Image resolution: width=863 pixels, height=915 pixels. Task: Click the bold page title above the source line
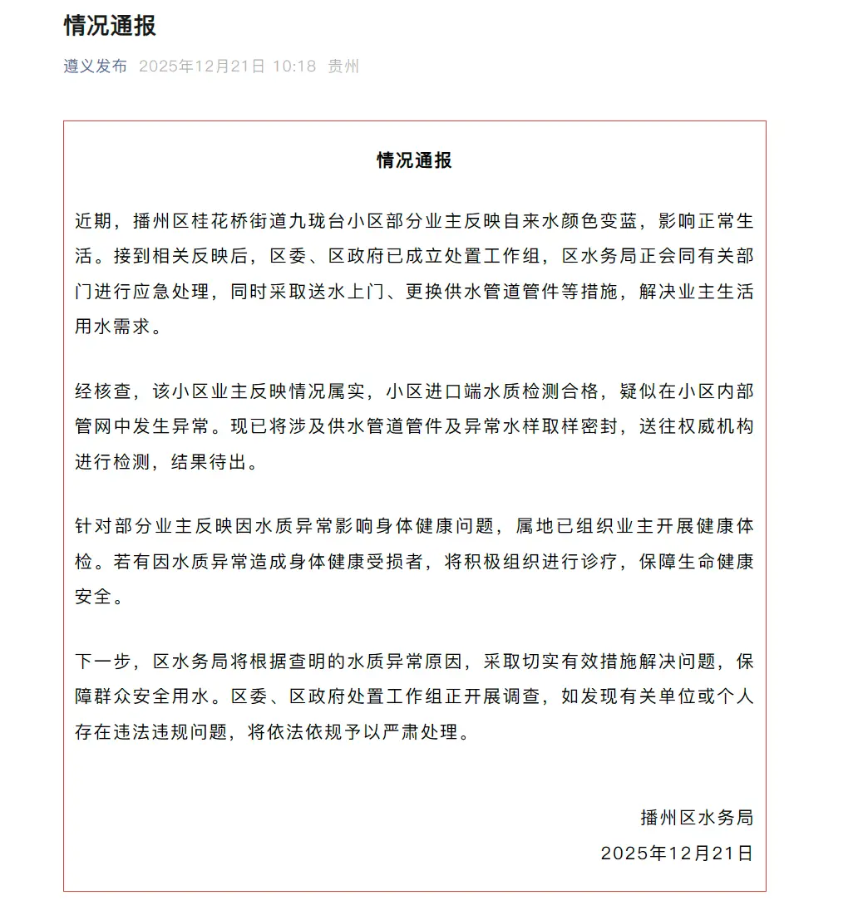(x=110, y=26)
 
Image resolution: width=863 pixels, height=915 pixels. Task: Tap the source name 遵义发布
(x=96, y=66)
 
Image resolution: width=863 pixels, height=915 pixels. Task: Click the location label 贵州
(x=343, y=66)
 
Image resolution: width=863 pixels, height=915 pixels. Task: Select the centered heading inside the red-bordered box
(x=414, y=160)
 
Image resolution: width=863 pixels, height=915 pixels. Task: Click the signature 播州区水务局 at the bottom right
(x=697, y=818)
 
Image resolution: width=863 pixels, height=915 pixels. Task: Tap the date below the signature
(x=677, y=853)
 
